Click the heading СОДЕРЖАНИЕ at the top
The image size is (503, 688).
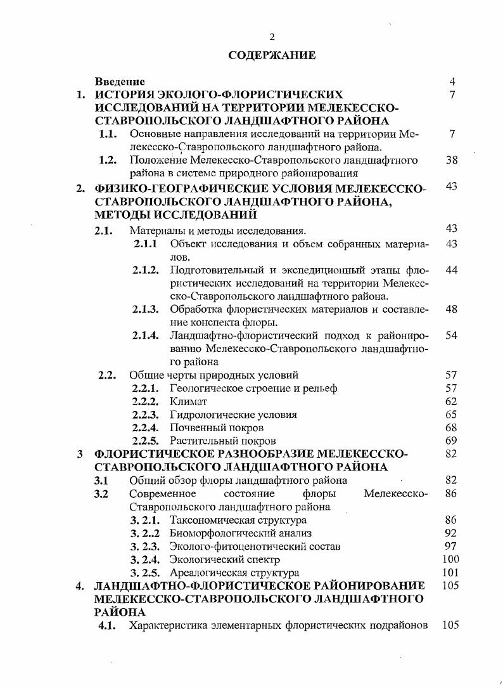pos(272,55)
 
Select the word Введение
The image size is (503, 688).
pos(120,82)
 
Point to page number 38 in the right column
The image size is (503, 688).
pos(451,160)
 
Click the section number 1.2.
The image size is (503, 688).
pos(108,160)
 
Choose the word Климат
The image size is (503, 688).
pos(188,401)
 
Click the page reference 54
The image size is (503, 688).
pos(451,335)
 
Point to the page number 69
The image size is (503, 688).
pos(451,440)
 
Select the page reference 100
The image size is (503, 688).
pos(450,559)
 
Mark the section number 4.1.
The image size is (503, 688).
pos(108,625)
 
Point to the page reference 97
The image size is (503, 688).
pos(451,546)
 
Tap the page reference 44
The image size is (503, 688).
pos(451,270)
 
